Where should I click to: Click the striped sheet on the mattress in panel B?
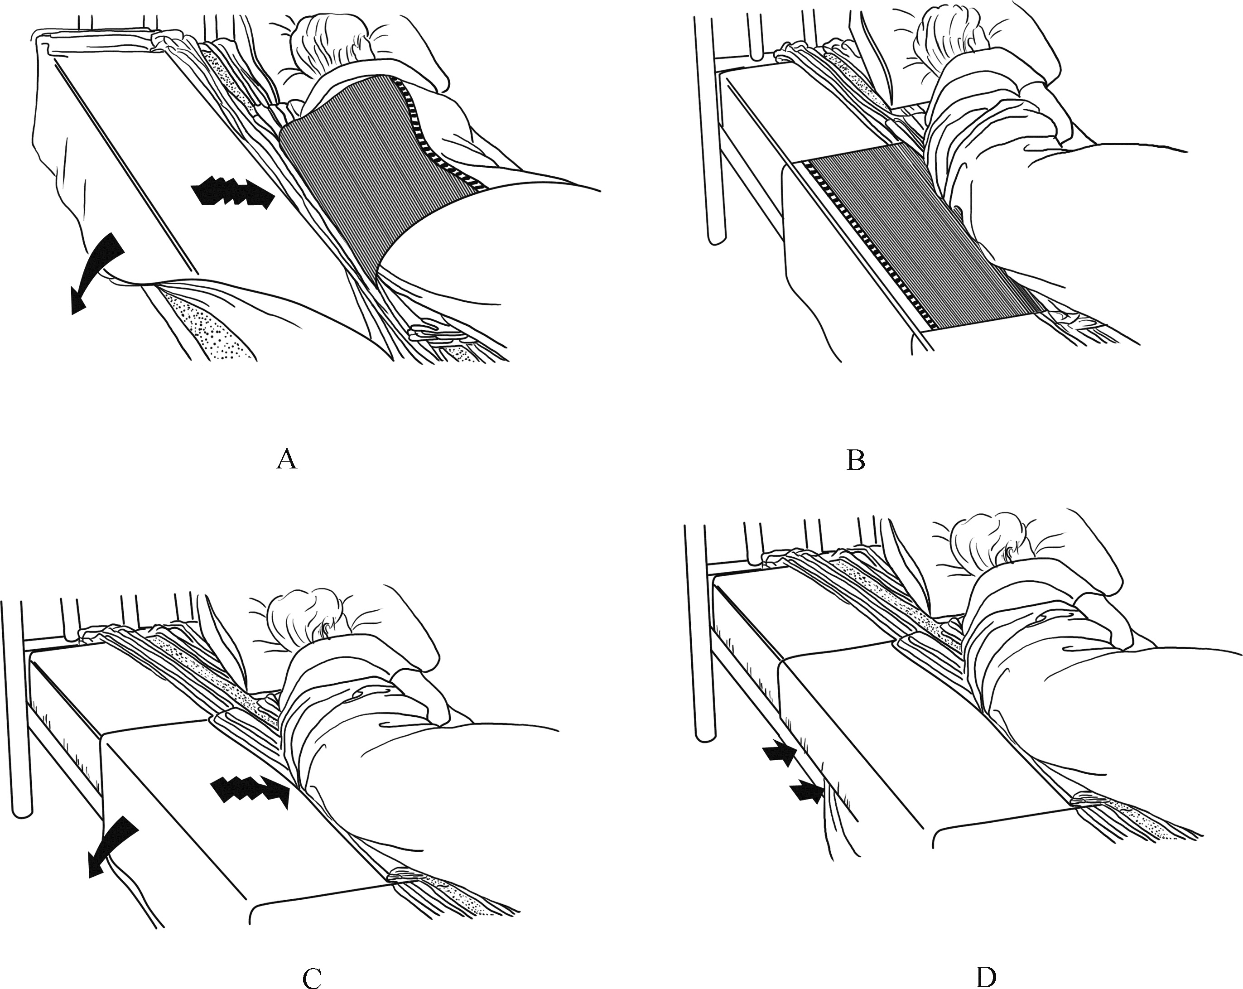pyautogui.click(x=922, y=236)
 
